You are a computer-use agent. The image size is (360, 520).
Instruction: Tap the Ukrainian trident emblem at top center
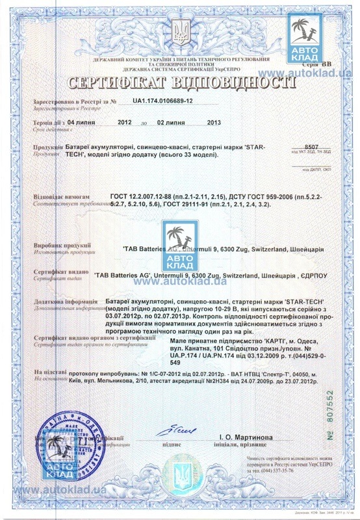pyautogui.click(x=180, y=29)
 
